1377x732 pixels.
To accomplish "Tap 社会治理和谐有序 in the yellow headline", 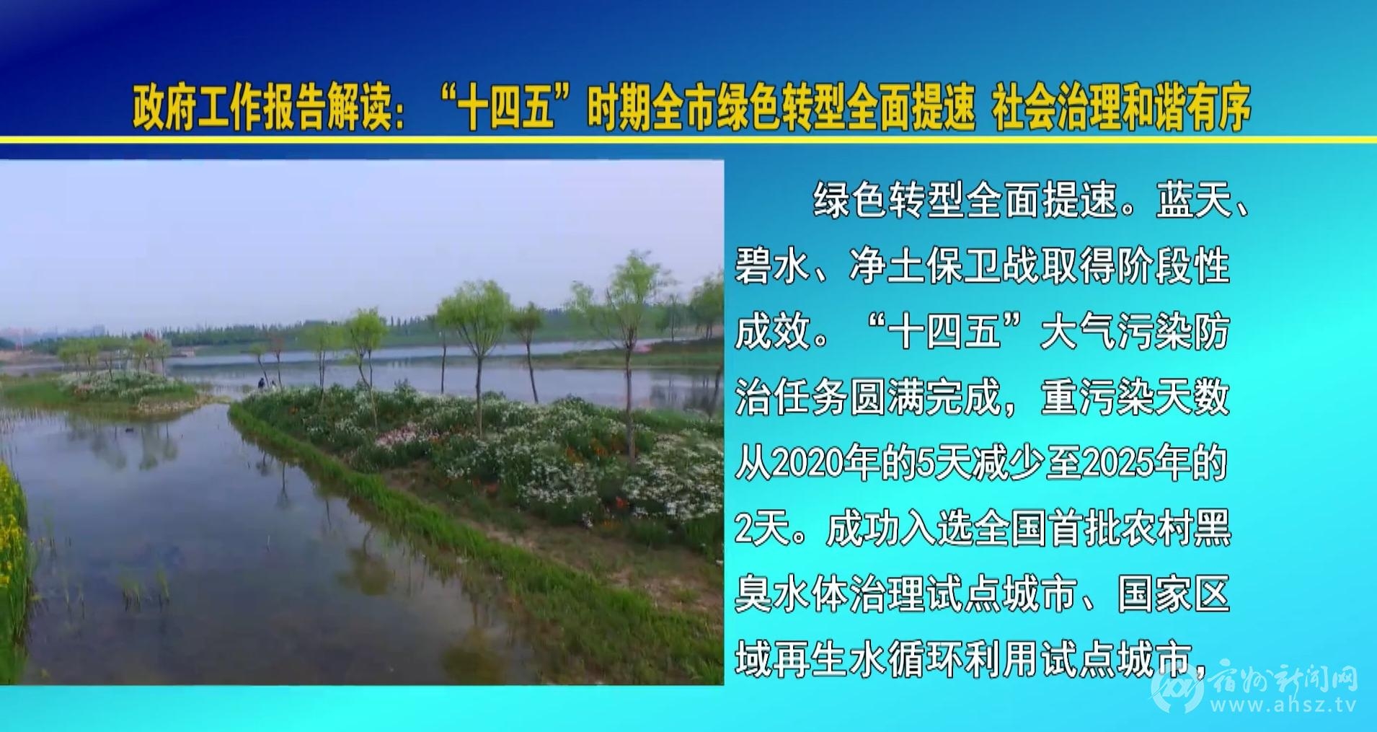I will (x=1121, y=108).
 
